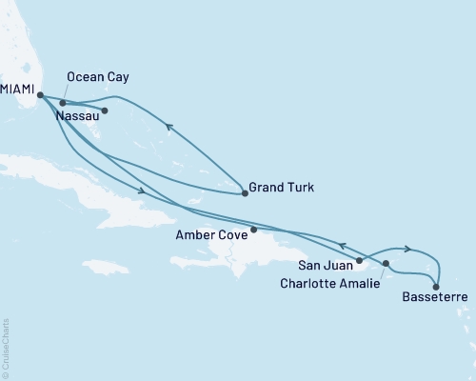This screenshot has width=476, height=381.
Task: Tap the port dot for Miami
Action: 39,94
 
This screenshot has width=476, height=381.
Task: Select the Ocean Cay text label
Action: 98,76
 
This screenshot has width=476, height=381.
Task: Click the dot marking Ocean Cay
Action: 63,103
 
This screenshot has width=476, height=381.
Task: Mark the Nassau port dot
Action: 105,110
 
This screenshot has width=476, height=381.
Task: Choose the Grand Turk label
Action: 280,188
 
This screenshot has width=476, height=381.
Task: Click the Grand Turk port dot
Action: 245,193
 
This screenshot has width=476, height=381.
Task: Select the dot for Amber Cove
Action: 253,230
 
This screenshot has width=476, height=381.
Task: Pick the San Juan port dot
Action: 359,260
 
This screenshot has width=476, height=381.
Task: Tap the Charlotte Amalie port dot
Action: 386,263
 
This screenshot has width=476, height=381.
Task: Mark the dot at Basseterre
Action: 435,286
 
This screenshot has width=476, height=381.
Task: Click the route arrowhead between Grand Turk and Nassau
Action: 168,126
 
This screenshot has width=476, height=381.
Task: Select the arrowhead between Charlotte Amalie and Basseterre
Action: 407,250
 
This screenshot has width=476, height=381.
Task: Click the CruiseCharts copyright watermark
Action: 6,349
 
